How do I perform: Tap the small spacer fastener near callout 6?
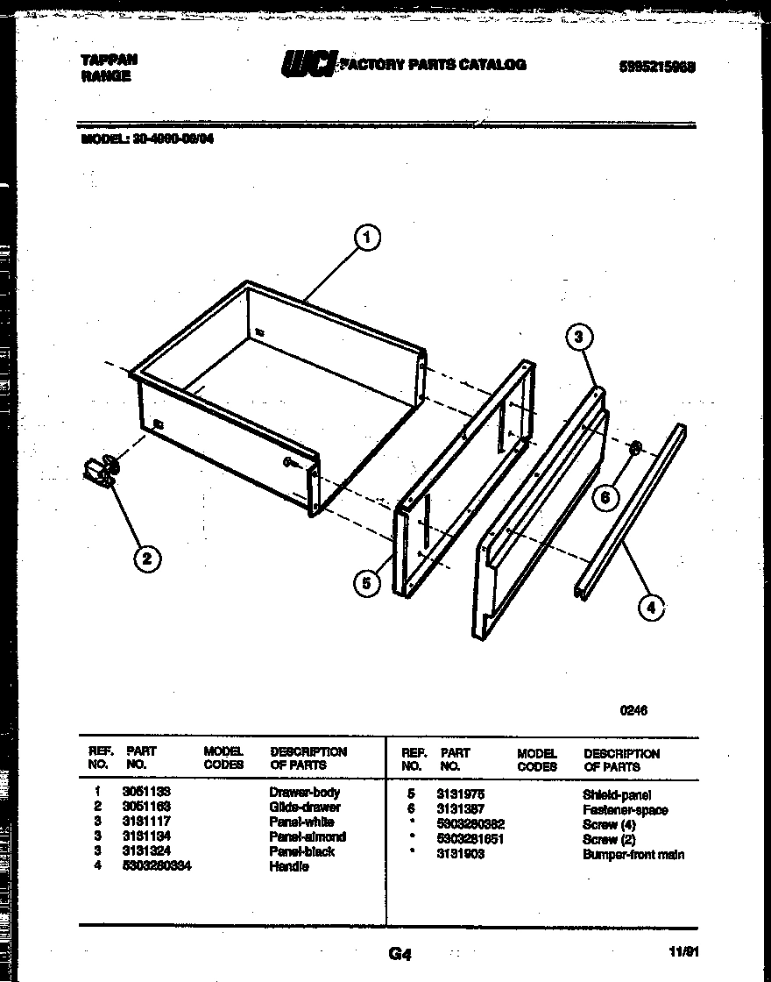[x=635, y=449]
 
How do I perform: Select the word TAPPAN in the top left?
[x=109, y=60]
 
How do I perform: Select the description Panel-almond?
[x=308, y=836]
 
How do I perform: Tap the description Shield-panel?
[x=617, y=794]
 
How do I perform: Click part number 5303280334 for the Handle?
[x=159, y=866]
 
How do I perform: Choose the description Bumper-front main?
[x=633, y=854]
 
